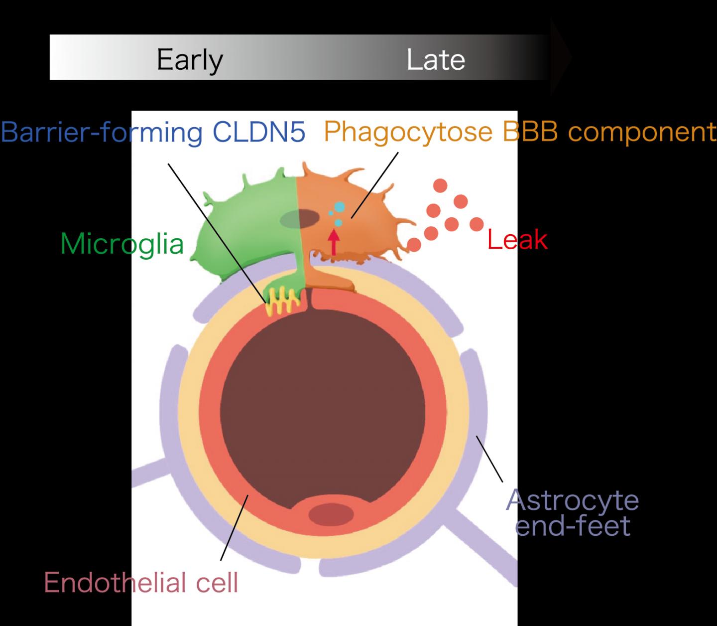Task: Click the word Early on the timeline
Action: (x=189, y=60)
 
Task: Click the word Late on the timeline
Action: (x=436, y=60)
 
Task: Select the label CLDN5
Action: (x=258, y=132)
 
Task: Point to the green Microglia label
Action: (x=122, y=244)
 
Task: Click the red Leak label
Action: (x=517, y=240)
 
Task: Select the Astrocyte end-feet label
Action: (x=573, y=513)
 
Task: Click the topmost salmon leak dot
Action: (x=440, y=186)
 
